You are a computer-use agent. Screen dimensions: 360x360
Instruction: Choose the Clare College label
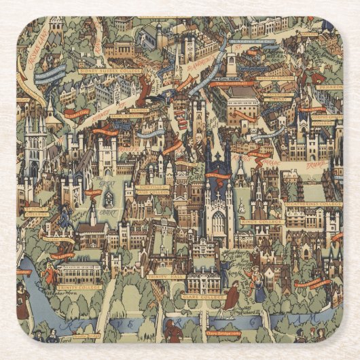(204, 297)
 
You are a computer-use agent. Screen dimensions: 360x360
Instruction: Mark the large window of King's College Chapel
(217, 221)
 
